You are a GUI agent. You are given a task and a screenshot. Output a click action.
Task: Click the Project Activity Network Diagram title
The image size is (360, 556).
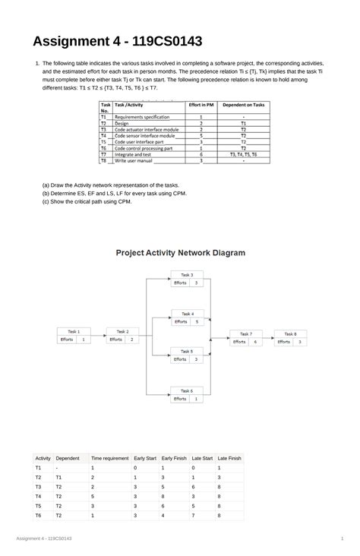coord(180,253)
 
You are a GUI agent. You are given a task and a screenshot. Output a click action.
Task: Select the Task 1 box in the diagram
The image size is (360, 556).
coord(74,336)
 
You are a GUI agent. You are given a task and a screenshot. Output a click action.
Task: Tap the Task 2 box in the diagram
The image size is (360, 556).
coord(122,336)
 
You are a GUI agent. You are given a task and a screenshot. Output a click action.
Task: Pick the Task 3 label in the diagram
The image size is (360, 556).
coord(186,274)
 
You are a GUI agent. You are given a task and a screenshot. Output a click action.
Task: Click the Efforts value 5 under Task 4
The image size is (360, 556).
coord(197,321)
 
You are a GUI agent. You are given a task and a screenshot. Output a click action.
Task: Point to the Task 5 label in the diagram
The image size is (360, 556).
coord(186,352)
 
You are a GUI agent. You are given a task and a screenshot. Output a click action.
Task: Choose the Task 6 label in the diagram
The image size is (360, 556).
coord(186,390)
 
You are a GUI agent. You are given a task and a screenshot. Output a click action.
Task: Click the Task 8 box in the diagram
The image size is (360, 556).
coord(290,337)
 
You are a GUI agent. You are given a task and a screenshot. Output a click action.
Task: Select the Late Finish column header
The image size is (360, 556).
coord(229,459)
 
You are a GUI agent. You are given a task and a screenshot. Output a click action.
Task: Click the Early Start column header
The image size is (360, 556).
coord(145,459)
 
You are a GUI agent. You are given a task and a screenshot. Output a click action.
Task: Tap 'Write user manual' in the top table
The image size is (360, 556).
coord(134,161)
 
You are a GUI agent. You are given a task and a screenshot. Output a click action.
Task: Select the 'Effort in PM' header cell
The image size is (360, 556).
coord(201,106)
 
